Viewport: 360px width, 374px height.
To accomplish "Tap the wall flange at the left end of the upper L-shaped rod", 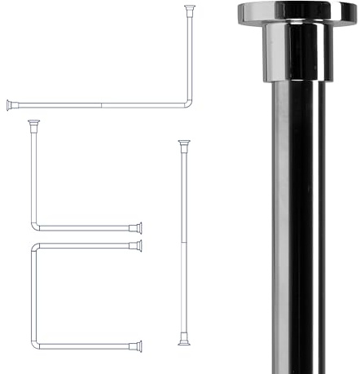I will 10,105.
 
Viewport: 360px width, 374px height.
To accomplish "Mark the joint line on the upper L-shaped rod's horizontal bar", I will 100,105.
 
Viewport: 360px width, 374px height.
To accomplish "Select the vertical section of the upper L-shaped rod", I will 190,57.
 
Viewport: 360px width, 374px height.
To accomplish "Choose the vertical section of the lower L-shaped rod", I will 33,175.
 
